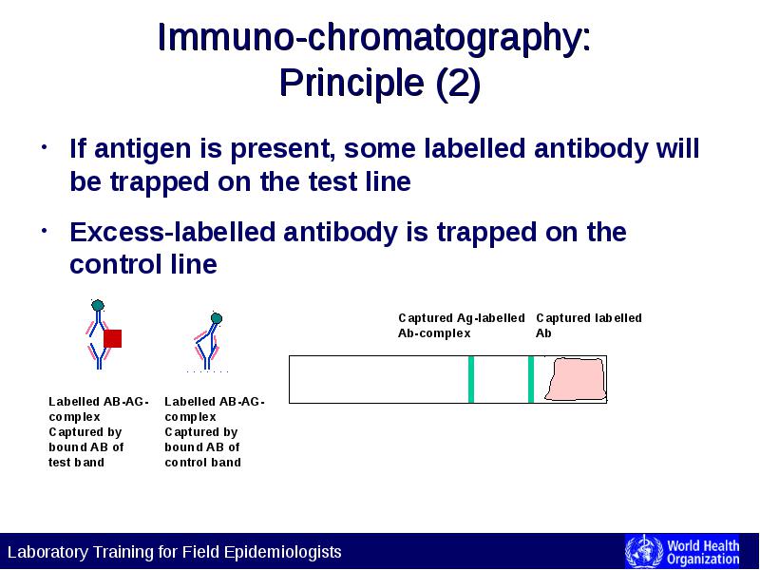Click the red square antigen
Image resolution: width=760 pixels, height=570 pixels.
click(x=112, y=338)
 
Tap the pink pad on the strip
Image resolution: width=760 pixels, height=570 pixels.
click(x=576, y=379)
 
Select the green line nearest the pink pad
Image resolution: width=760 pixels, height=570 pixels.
click(x=531, y=379)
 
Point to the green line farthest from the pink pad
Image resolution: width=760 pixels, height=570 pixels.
click(x=470, y=379)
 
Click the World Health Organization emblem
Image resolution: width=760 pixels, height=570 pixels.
click(x=643, y=552)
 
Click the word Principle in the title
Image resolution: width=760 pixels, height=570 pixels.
click(x=352, y=83)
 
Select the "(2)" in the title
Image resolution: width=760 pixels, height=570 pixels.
click(x=458, y=84)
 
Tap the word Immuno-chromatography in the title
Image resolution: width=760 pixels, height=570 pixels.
click(x=373, y=37)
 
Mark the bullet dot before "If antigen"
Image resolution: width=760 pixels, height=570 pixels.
click(x=44, y=146)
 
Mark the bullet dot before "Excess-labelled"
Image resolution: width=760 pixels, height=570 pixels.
click(x=44, y=231)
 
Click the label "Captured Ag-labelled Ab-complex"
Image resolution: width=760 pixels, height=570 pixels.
click(x=461, y=325)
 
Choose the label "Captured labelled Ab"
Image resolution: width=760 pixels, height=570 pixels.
click(x=588, y=325)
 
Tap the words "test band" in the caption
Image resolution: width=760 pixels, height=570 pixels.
click(x=76, y=463)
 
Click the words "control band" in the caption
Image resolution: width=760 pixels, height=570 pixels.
click(x=202, y=463)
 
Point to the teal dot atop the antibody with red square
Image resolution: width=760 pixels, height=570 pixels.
click(x=98, y=305)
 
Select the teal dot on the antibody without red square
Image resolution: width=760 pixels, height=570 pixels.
click(x=217, y=318)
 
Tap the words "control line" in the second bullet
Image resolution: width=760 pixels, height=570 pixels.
click(x=143, y=264)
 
